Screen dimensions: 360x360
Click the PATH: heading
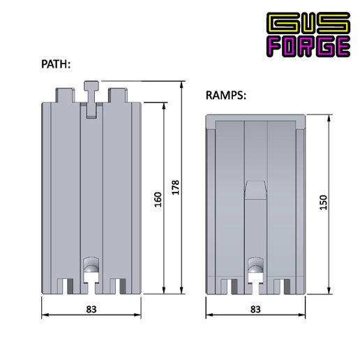[x=56, y=64]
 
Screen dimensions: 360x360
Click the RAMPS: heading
[x=226, y=96]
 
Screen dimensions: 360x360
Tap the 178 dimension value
[x=176, y=187]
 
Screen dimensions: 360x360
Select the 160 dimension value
[x=158, y=200]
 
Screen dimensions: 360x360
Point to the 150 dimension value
[x=323, y=202]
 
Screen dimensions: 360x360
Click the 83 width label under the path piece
[x=91, y=309]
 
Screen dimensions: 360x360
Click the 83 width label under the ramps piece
[x=255, y=309]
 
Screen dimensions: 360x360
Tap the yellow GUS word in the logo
[x=308, y=22]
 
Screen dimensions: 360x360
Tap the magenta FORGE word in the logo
[x=308, y=46]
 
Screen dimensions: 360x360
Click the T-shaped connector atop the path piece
[x=91, y=99]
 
